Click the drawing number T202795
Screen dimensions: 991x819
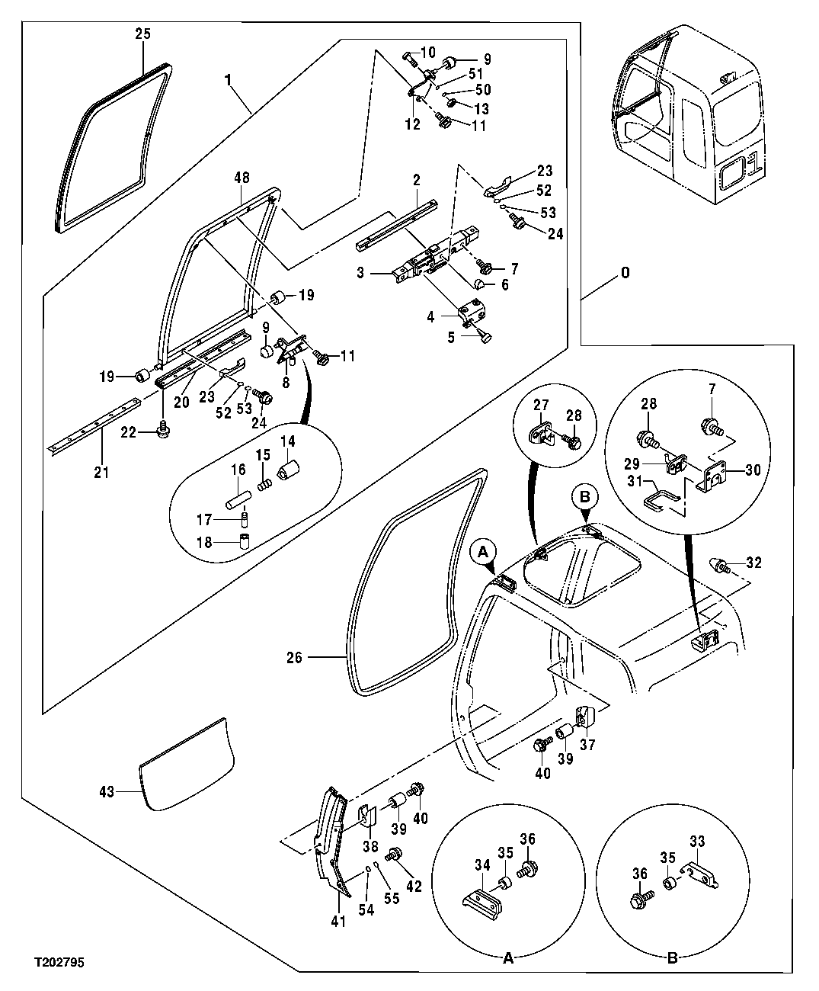pyautogui.click(x=58, y=964)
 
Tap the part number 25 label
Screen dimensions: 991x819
pyautogui.click(x=143, y=34)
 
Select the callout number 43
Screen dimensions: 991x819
pyautogui.click(x=107, y=792)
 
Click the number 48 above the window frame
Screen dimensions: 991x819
pyautogui.click(x=242, y=175)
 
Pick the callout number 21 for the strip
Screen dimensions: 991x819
pyautogui.click(x=101, y=473)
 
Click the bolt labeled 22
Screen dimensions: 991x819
pyautogui.click(x=162, y=431)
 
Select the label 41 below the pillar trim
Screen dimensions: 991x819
pyautogui.click(x=338, y=922)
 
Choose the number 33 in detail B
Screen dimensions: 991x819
pyautogui.click(x=697, y=842)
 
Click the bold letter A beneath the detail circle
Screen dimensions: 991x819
pyautogui.click(x=508, y=959)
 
